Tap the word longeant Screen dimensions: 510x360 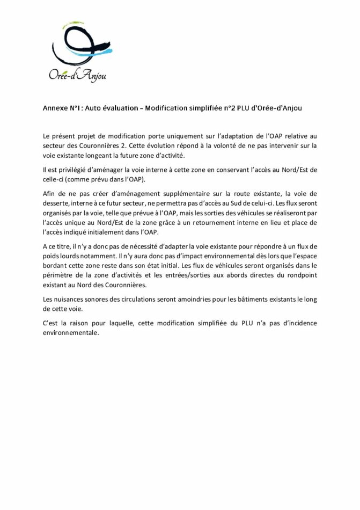tap(102, 155)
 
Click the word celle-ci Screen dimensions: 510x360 tap(55, 179)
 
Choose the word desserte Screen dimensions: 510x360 tap(55, 203)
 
